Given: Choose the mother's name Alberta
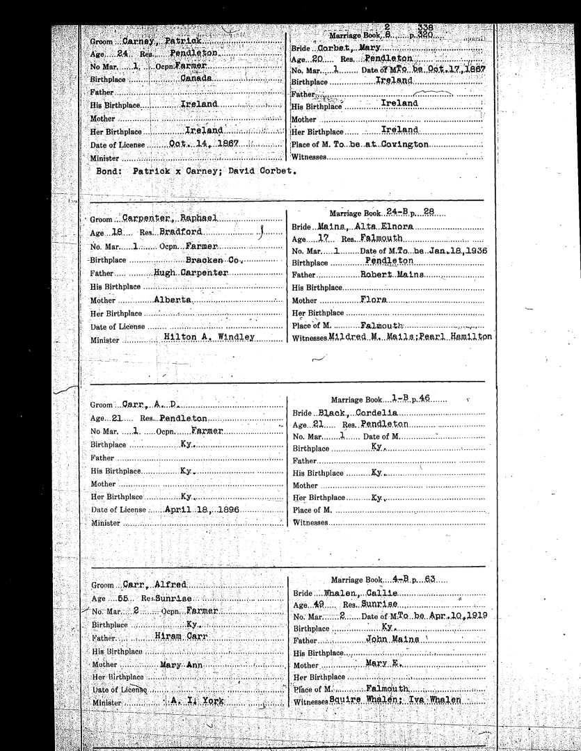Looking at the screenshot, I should tap(173, 299).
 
